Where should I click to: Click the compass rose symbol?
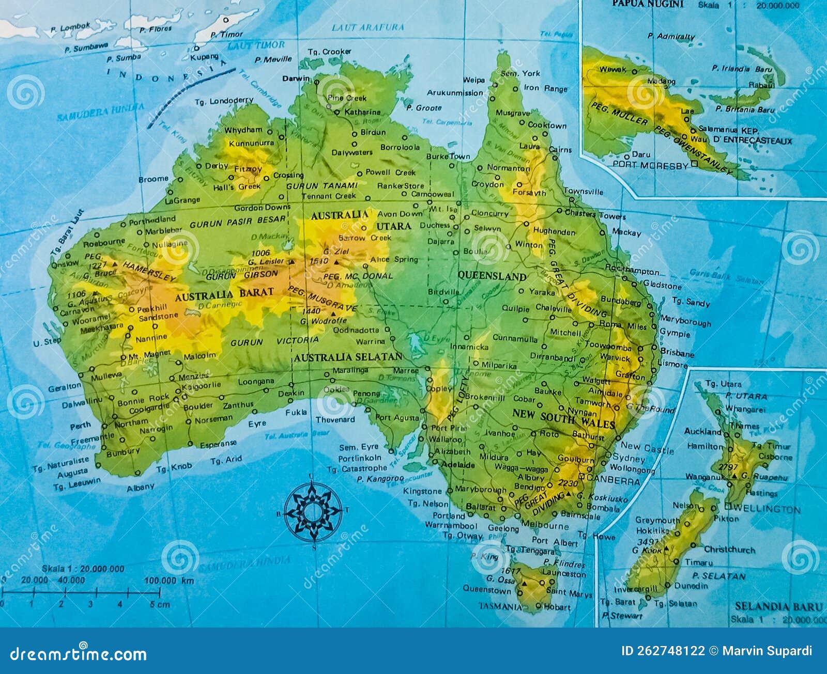coord(313,512)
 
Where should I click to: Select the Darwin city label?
coord(296,79)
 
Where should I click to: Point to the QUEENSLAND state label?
coord(492,276)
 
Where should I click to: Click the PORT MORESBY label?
coord(650,166)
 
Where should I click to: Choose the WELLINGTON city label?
coord(767,509)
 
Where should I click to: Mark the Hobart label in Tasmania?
coord(557,607)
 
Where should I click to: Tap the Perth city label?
coord(80,426)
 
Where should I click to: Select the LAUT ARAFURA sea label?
coord(367,27)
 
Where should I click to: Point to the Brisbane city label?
coord(677,354)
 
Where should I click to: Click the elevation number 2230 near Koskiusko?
coord(568,483)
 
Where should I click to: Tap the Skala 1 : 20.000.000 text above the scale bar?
coord(83,569)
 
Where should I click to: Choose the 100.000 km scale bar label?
coord(169,581)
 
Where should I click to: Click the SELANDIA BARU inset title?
coord(778,606)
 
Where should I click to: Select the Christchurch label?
coord(729,550)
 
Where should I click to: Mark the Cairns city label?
coord(560,150)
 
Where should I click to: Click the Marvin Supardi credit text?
coord(767,651)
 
